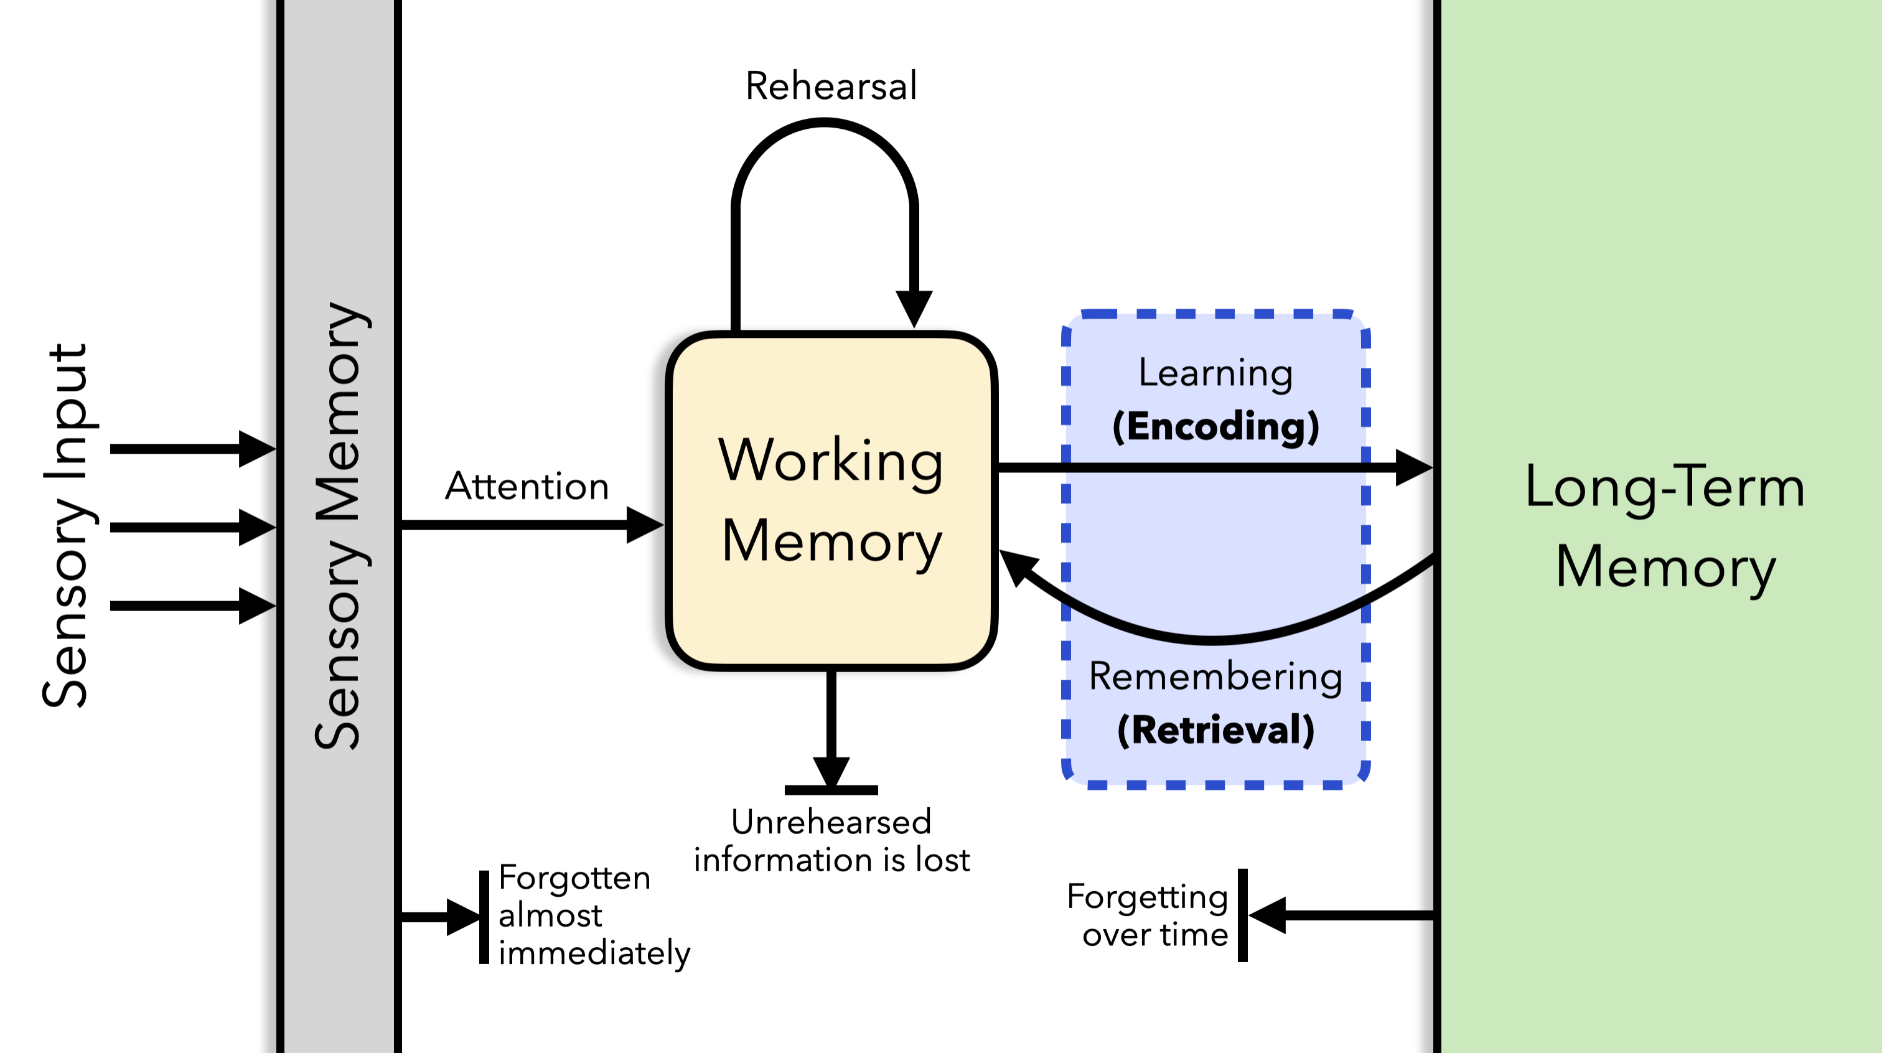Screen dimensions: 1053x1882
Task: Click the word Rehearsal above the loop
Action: (x=831, y=87)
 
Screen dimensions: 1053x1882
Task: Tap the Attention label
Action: (x=527, y=486)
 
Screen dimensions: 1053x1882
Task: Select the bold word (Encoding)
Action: (x=1215, y=426)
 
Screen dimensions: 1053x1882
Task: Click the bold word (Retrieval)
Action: (x=1215, y=730)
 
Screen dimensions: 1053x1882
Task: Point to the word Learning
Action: (x=1215, y=373)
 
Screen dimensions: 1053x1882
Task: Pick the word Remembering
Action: (x=1215, y=676)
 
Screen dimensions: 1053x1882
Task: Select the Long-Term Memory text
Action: (x=1665, y=526)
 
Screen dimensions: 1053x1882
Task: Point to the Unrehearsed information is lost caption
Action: (x=831, y=840)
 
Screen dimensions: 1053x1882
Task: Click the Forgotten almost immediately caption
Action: (x=593, y=915)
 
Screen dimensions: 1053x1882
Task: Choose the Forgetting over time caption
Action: (x=1148, y=915)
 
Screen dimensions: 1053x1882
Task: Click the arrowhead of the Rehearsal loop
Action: (x=914, y=307)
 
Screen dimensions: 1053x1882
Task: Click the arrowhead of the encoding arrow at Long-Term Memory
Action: (x=1414, y=467)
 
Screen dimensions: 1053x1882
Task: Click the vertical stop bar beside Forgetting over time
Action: (x=1243, y=915)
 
